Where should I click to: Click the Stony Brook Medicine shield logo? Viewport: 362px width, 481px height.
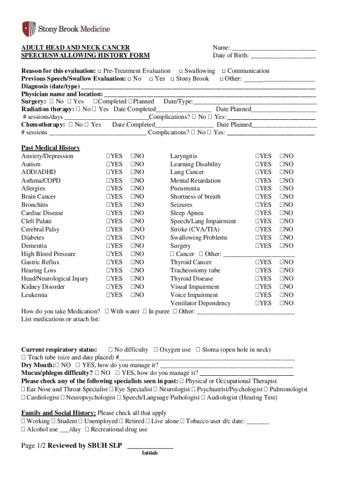pyautogui.click(x=29, y=29)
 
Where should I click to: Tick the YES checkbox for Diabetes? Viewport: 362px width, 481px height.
pyautogui.click(x=108, y=238)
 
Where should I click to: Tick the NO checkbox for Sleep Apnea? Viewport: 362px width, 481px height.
pyautogui.click(x=282, y=213)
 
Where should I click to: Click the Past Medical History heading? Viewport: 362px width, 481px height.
pyautogui.click(x=50, y=148)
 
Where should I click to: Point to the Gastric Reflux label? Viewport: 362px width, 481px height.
pyautogui.click(x=40, y=262)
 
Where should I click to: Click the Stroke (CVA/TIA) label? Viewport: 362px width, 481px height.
pyautogui.click(x=194, y=229)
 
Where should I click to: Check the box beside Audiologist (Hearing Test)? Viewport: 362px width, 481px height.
pyautogui.click(x=204, y=398)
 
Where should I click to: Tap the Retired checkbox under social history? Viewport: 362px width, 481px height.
pyautogui.click(x=122, y=421)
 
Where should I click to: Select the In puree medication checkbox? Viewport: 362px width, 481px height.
pyautogui.click(x=144, y=311)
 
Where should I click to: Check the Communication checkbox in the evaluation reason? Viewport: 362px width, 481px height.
pyautogui.click(x=224, y=71)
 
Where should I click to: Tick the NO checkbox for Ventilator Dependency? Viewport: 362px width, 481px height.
pyautogui.click(x=282, y=303)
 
